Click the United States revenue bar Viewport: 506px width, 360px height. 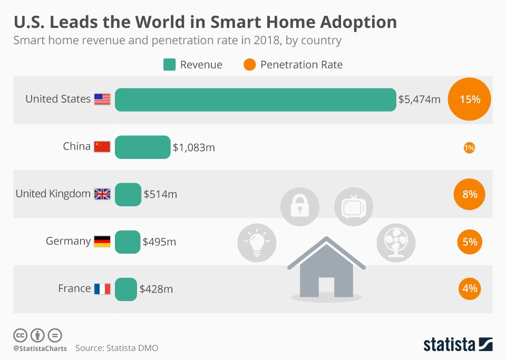point(255,99)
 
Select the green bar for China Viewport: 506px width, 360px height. point(142,147)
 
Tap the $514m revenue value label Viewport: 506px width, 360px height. point(160,194)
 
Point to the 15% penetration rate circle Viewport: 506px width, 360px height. point(469,99)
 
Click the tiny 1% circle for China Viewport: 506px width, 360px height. point(469,148)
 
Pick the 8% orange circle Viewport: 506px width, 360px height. point(469,194)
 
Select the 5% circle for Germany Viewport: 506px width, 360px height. point(469,242)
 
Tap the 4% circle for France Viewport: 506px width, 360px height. point(469,288)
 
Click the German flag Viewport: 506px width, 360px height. point(102,242)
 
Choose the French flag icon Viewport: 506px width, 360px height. point(102,288)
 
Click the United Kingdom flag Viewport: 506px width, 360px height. point(102,194)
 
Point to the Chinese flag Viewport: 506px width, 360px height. point(102,147)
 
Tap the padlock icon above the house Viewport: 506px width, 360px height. point(299,206)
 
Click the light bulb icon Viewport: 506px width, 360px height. point(257,242)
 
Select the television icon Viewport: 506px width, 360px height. point(353,206)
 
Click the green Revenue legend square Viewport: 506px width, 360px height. point(169,65)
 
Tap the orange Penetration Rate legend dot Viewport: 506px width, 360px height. point(250,65)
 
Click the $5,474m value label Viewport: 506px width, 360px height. point(419,99)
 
